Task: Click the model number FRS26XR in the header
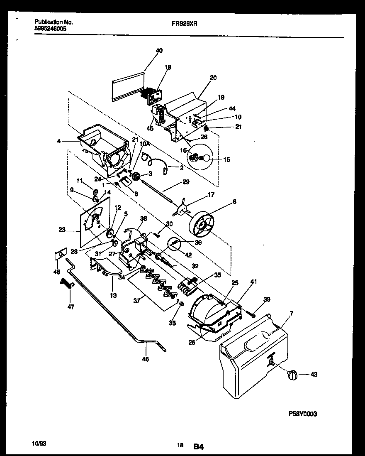[185, 24]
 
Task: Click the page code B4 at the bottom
[198, 447]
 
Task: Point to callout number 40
[159, 51]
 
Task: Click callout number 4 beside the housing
[59, 141]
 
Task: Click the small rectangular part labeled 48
[61, 254]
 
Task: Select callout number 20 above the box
[213, 78]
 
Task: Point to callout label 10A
[144, 144]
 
